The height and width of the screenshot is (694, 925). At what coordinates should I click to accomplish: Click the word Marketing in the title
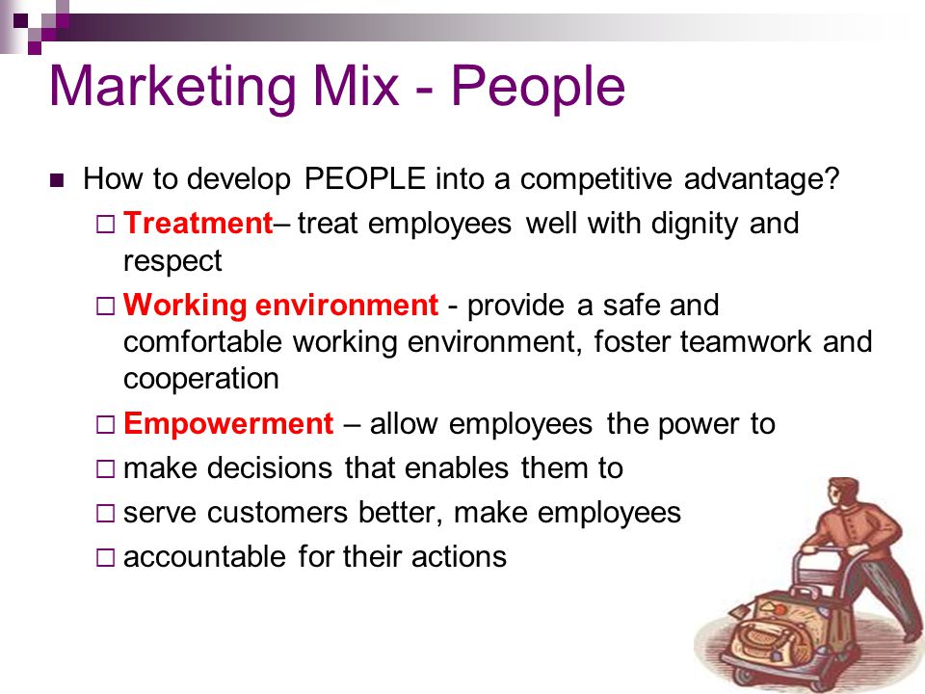tap(172, 88)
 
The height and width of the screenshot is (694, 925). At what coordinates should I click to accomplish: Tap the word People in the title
tap(538, 88)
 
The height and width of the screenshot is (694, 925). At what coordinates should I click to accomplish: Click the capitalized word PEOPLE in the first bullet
tap(364, 178)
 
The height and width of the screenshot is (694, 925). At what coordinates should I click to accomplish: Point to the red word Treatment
tap(198, 223)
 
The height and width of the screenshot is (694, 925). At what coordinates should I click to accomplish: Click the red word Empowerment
tap(229, 424)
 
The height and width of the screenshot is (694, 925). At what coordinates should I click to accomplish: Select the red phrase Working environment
tap(280, 306)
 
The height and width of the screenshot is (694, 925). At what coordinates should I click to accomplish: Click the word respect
tap(172, 261)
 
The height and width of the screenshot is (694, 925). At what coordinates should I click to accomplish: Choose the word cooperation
tap(201, 379)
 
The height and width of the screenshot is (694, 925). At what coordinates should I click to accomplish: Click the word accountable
tap(204, 556)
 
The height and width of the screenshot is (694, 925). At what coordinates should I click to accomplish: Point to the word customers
tap(277, 512)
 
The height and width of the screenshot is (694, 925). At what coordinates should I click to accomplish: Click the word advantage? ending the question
tap(761, 178)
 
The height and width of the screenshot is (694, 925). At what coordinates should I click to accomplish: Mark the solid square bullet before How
tap(57, 180)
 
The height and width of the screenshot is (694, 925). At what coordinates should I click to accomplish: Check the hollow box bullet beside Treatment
tap(105, 225)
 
